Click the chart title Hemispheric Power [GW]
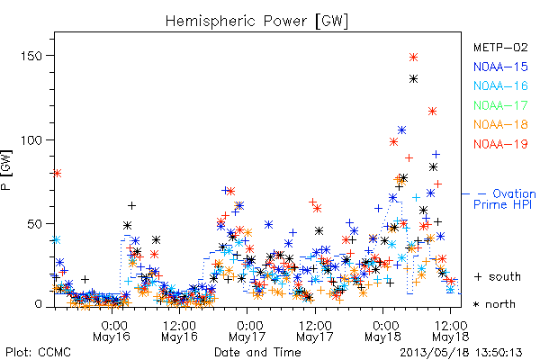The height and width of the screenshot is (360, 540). point(256,22)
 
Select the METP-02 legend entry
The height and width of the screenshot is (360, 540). point(500,47)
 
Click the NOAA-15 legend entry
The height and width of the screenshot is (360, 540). point(500,67)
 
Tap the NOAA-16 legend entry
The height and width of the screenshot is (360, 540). point(500,85)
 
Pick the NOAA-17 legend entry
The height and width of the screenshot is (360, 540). point(500,105)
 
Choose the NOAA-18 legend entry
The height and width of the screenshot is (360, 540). point(500,124)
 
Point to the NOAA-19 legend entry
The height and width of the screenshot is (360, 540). point(500,144)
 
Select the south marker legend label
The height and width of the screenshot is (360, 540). point(498,276)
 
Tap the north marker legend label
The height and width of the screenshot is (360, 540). point(494,304)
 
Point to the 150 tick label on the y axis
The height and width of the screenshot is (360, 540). point(31,56)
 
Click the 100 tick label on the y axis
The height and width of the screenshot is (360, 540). point(31,140)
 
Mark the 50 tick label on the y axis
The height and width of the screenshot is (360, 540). point(34,224)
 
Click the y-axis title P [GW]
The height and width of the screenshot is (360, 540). point(6,170)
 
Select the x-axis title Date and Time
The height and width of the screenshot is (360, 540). point(257,353)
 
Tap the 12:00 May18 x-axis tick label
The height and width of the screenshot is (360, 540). point(451,330)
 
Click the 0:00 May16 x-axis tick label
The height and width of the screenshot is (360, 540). point(112,330)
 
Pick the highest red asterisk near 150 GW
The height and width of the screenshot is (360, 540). point(414,58)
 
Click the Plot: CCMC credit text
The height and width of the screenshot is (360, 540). point(38,353)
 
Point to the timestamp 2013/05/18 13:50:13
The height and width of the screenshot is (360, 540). point(461,353)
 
